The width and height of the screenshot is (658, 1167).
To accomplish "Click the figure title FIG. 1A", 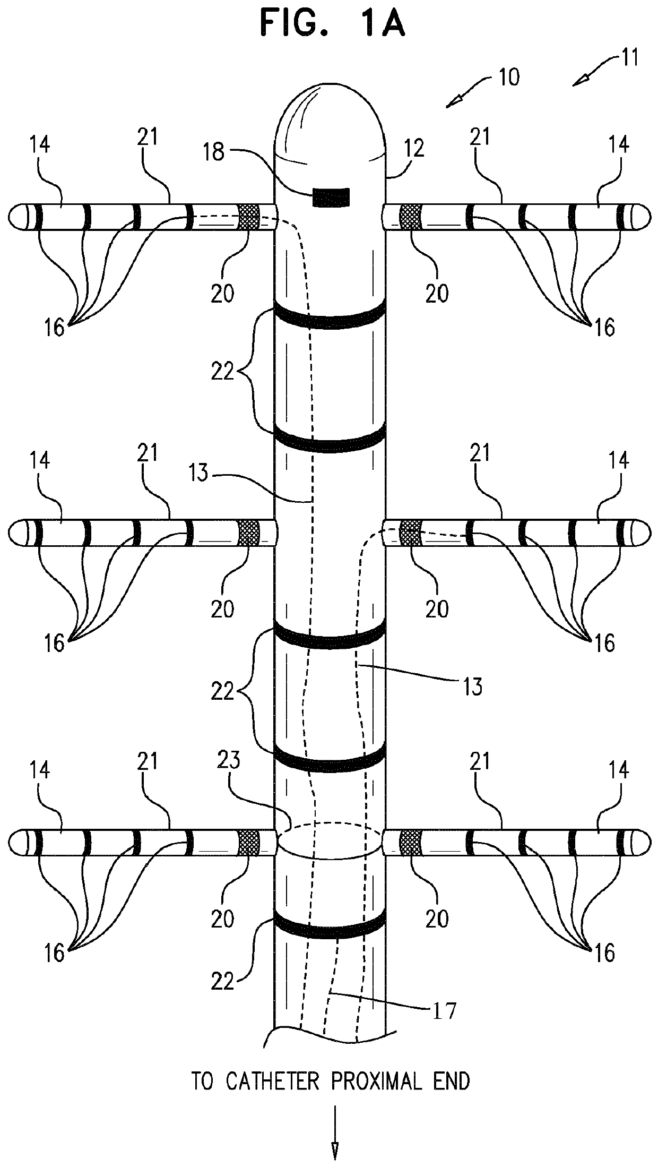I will click(x=333, y=25).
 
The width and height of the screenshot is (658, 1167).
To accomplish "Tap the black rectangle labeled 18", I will click(x=331, y=197).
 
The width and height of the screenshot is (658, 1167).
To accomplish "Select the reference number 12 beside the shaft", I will click(x=415, y=150).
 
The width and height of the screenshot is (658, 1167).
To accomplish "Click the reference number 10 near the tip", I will click(x=508, y=77).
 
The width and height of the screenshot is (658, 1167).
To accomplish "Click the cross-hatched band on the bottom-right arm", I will click(x=409, y=843).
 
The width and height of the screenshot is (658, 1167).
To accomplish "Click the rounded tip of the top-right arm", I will click(x=642, y=217).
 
